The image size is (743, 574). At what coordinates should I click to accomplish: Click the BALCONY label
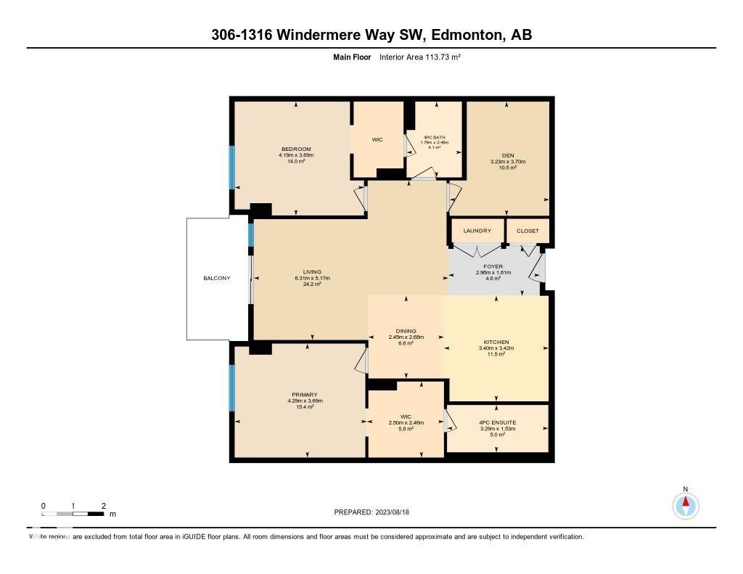tap(217, 279)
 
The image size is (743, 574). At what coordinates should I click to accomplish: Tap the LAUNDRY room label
tap(476, 231)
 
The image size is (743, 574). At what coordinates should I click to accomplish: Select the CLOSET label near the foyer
tap(528, 231)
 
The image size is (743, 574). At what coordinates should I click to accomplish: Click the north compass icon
tap(685, 505)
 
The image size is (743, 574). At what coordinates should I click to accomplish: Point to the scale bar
tap(73, 514)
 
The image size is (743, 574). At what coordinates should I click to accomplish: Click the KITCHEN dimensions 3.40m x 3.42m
tap(496, 348)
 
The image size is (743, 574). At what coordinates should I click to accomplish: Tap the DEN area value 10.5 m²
tap(507, 168)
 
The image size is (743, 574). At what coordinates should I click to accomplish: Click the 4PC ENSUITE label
tap(497, 422)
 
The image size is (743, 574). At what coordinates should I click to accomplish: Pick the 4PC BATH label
tap(435, 137)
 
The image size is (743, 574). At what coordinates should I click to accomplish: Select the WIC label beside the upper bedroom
tap(377, 139)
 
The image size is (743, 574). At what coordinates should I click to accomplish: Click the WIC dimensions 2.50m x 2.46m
tap(406, 422)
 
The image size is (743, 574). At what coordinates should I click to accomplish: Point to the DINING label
tap(406, 331)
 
